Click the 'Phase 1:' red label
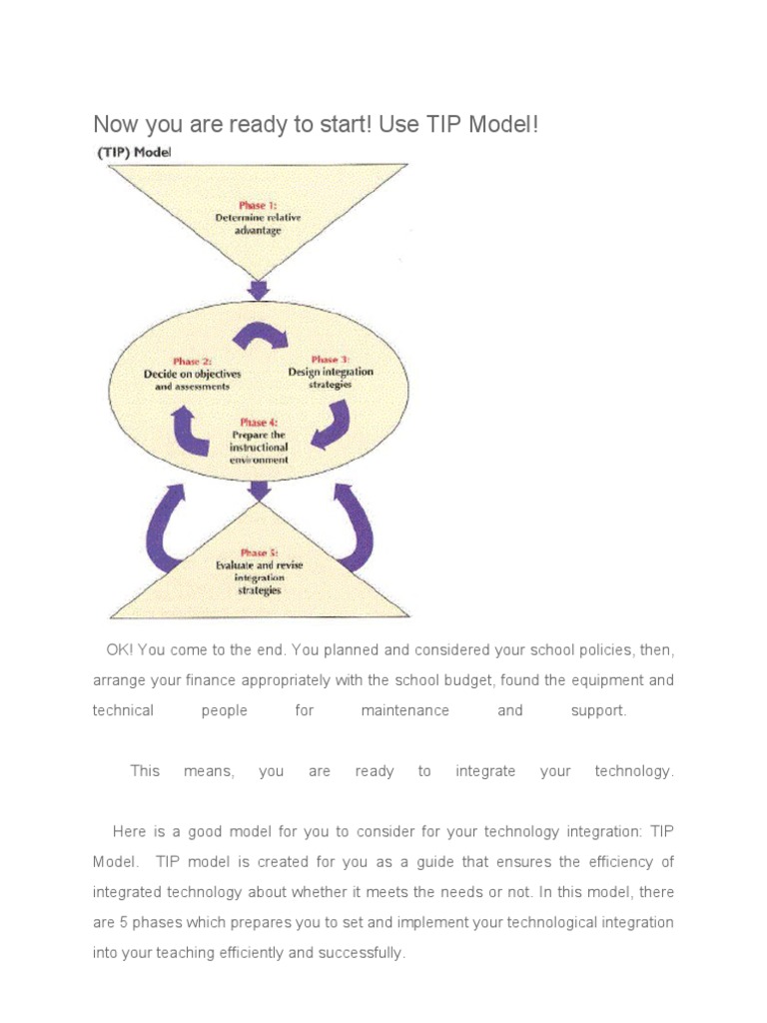259,205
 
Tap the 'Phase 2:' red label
193,362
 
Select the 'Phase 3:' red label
330,360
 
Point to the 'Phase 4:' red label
259,423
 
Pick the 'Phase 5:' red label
259,552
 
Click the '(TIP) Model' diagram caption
134,153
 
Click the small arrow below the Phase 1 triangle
259,290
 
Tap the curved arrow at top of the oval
260,335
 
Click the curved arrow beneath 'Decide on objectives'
189,429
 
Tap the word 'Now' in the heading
114,125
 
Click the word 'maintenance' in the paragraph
405,710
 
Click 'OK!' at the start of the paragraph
120,650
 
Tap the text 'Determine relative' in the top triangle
259,218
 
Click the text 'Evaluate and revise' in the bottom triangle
259,565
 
